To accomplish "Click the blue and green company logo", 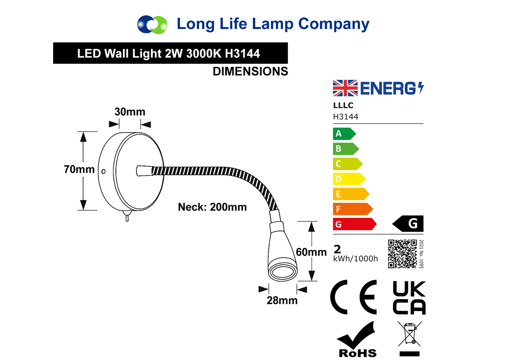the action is click(152, 24).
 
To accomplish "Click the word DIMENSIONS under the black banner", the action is click(250, 71).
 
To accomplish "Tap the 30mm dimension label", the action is click(130, 112).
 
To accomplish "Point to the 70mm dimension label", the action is click(79, 169).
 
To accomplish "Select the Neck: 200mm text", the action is click(213, 207).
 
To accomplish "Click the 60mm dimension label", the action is click(311, 252).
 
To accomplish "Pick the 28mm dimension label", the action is click(282, 300).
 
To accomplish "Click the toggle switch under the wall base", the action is click(127, 216).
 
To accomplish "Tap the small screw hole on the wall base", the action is click(103, 172).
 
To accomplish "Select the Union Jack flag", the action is click(345, 88).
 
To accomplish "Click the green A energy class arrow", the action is click(344, 134).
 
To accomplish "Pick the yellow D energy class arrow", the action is click(349, 179).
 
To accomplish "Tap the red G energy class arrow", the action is click(355, 224).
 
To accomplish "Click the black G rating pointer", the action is click(408, 223).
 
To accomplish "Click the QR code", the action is click(402, 254).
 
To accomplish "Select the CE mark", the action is click(353, 297).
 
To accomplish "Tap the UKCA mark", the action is click(409, 298).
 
